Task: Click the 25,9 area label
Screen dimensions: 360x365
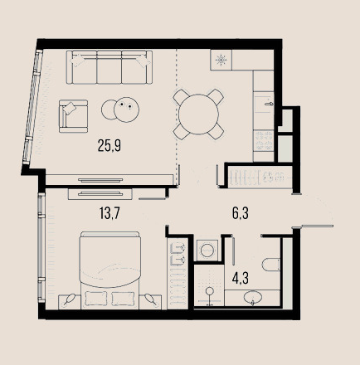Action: pyautogui.click(x=109, y=146)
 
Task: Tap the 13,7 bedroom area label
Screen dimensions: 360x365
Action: pyautogui.click(x=109, y=213)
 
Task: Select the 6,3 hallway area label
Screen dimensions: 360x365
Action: pyautogui.click(x=241, y=213)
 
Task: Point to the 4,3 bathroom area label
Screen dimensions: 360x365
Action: pyautogui.click(x=241, y=278)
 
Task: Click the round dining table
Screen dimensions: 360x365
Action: pyautogui.click(x=198, y=114)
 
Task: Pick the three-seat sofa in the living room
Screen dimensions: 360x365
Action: pyautogui.click(x=109, y=67)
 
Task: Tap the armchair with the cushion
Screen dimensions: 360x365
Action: pyautogui.click(x=73, y=116)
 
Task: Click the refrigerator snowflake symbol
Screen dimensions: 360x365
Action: pyautogui.click(x=221, y=60)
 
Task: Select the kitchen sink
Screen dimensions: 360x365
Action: pyautogui.click(x=264, y=104)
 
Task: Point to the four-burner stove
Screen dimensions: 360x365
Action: pyautogui.click(x=264, y=141)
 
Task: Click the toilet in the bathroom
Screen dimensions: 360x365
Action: pyautogui.click(x=271, y=265)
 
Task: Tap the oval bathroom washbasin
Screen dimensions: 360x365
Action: pyautogui.click(x=253, y=297)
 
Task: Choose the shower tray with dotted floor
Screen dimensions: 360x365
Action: pyautogui.click(x=209, y=285)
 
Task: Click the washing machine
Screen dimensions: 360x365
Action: pyautogui.click(x=207, y=251)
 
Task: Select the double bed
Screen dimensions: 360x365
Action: pyautogui.click(x=109, y=270)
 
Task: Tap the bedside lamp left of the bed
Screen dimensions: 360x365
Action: pyautogui.click(x=69, y=300)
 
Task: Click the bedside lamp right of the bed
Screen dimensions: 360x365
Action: pyautogui.click(x=150, y=300)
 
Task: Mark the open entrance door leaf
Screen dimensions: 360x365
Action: pyautogui.click(x=318, y=226)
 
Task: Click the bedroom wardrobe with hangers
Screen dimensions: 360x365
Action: pyautogui.click(x=178, y=273)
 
